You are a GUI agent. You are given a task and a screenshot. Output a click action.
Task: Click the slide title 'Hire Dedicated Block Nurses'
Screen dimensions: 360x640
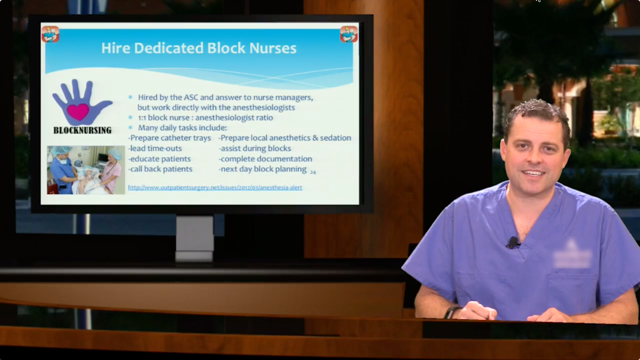click(x=198, y=48)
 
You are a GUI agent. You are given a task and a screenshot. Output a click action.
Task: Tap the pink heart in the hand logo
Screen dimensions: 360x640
click(x=77, y=111)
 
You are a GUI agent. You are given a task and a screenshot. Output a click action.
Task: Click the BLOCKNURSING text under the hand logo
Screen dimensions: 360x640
click(x=82, y=130)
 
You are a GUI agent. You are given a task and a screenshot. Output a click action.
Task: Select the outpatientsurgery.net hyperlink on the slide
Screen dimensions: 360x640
click(x=215, y=187)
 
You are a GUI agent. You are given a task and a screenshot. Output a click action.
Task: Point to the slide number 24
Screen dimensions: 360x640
click(x=312, y=172)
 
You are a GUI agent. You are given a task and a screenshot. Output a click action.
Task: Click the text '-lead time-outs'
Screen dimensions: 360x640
click(x=155, y=148)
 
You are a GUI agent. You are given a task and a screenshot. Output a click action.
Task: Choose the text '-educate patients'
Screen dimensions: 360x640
click(x=160, y=159)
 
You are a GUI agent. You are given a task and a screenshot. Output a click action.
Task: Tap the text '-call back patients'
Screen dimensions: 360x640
click(x=160, y=169)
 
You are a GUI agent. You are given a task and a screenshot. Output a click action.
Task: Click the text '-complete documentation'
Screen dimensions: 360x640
click(x=265, y=159)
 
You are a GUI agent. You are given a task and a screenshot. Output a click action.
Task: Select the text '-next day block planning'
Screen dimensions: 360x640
click(x=262, y=169)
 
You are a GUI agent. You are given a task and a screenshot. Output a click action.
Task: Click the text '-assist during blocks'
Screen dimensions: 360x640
click(x=254, y=148)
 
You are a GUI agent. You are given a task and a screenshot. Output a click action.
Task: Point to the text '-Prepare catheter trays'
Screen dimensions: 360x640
click(x=169, y=138)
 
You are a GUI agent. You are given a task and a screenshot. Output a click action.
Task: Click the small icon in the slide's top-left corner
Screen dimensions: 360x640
click(x=50, y=34)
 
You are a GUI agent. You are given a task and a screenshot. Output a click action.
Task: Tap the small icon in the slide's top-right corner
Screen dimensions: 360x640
click(x=348, y=34)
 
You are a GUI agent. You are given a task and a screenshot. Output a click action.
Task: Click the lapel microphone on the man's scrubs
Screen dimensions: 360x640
click(x=513, y=242)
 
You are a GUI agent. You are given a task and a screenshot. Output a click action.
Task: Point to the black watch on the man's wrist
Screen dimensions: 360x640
click(x=451, y=312)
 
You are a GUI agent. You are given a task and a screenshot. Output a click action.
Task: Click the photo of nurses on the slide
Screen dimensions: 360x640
click(x=85, y=169)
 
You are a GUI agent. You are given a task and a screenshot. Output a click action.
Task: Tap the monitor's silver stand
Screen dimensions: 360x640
click(x=194, y=238)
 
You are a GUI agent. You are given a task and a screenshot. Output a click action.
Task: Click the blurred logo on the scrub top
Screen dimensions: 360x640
click(x=572, y=256)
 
